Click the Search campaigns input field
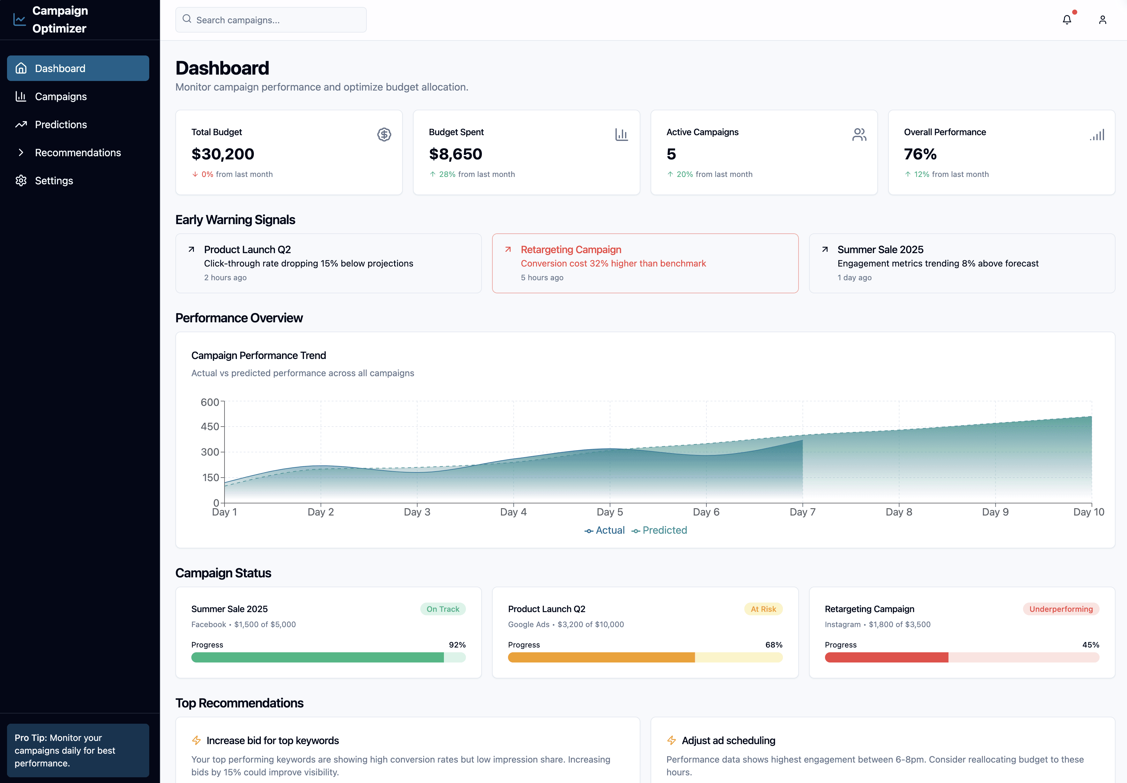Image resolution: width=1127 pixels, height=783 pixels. pos(271,20)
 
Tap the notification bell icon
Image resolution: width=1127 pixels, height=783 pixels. pos(1067,20)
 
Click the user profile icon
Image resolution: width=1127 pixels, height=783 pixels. pos(1102,20)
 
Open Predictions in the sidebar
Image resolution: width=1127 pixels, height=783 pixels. pos(61,125)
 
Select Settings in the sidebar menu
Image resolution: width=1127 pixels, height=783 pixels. pos(54,180)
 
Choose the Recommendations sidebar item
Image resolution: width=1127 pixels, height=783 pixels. pos(77,153)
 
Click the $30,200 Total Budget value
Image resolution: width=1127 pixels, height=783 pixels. pos(223,154)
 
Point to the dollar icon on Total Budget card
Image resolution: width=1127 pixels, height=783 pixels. pos(384,135)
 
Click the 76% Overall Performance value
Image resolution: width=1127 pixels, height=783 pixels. pos(920,154)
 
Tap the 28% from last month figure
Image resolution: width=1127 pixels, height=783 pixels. pos(447,174)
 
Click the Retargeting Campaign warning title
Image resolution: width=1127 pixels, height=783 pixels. pos(571,250)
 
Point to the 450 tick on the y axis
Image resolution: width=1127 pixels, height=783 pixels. pos(210,426)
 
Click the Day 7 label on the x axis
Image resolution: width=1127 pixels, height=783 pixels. pos(802,512)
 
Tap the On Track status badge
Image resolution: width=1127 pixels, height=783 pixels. pos(443,609)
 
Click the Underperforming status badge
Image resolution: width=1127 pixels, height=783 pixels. pos(1061,609)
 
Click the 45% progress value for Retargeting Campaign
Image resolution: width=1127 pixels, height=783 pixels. pos(1090,645)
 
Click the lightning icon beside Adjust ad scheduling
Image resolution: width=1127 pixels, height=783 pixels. pos(671,740)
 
